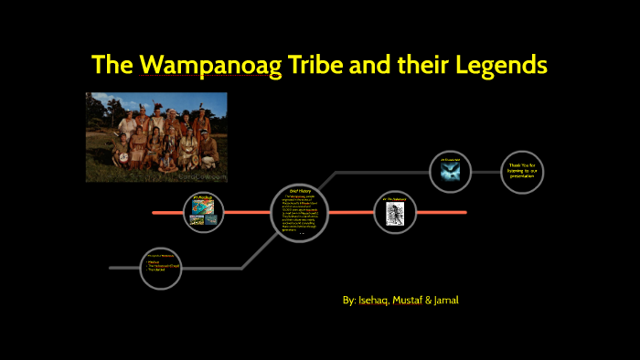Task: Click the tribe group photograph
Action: pos(156,136)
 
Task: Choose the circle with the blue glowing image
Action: pos(451,171)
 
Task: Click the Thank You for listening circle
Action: pos(523,171)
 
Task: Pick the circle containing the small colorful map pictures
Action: pos(203,212)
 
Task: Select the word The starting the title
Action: pos(110,66)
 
